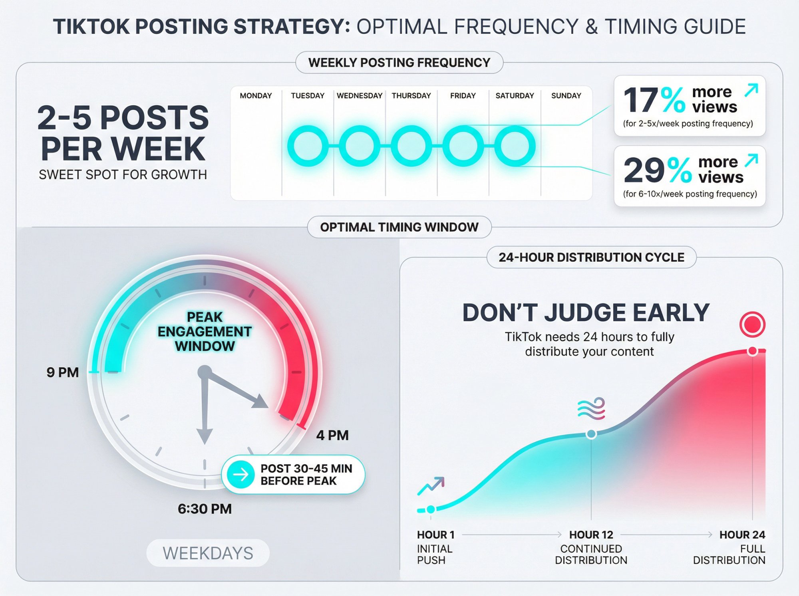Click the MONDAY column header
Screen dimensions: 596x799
(x=256, y=96)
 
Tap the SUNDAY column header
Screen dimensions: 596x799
(x=566, y=96)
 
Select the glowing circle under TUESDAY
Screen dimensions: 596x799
(x=308, y=146)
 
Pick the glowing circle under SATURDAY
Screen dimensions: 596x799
(x=515, y=146)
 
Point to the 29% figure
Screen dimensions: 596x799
(x=657, y=170)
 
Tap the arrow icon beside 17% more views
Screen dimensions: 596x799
(x=751, y=90)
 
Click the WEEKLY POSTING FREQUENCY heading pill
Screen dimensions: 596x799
(x=399, y=63)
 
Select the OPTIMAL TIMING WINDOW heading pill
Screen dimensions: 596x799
(x=399, y=227)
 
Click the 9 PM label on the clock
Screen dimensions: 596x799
(x=63, y=372)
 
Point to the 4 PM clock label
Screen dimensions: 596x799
(x=332, y=435)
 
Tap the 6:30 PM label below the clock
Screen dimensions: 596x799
(x=205, y=509)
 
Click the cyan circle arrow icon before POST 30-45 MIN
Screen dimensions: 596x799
(x=240, y=475)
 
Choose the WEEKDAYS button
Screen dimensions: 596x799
(x=208, y=553)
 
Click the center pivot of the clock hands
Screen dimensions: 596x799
(x=205, y=372)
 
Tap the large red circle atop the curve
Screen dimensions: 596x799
(x=752, y=324)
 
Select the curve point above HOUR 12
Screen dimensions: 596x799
(x=591, y=434)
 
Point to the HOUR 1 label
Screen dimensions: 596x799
(x=436, y=535)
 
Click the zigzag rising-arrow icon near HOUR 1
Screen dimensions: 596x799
(x=431, y=485)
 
